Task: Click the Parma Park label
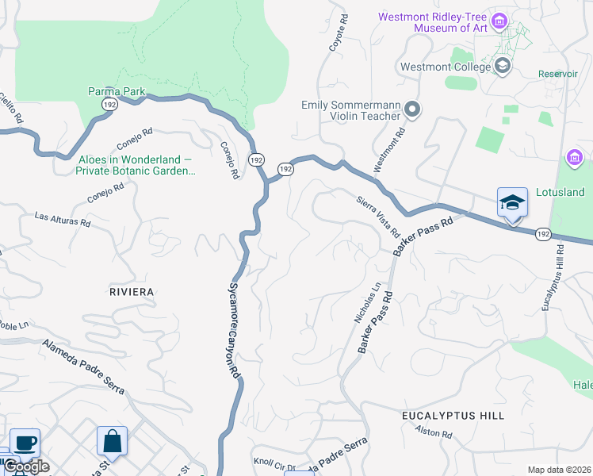tap(117, 91)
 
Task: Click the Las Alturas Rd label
tap(62, 218)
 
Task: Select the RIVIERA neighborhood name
tap(131, 292)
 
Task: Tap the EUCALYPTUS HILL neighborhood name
tap(453, 416)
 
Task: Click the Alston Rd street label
tap(434, 433)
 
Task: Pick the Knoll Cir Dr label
tap(274, 465)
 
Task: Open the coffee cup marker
tap(25, 442)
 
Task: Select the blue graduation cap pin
tap(512, 203)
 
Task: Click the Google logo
tap(25, 466)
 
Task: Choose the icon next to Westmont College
tap(502, 66)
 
